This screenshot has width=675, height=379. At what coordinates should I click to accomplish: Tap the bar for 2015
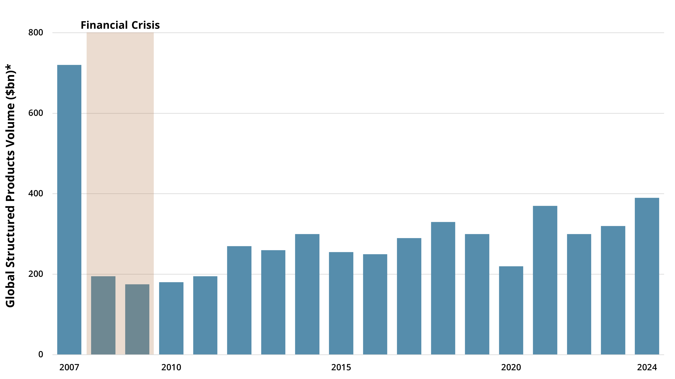[x=341, y=303]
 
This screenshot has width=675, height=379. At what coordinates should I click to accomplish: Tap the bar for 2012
[x=239, y=300]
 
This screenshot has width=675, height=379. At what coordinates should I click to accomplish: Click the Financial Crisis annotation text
[x=120, y=25]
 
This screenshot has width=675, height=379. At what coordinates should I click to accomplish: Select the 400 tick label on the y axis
[x=36, y=194]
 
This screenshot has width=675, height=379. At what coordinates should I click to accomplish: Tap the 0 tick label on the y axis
[x=41, y=354]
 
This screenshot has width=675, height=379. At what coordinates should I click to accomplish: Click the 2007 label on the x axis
[x=69, y=367]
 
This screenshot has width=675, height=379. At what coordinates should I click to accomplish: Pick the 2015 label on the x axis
[x=341, y=367]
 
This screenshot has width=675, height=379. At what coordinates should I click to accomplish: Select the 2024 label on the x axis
[x=647, y=367]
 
